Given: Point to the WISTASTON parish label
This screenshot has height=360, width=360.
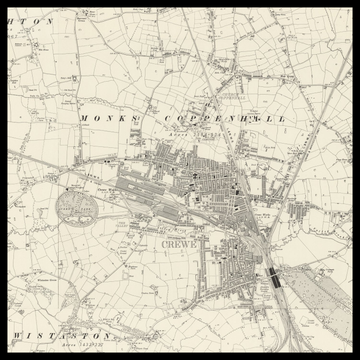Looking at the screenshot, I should tap(60, 336).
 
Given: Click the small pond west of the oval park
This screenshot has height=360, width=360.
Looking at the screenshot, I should tap(40, 204).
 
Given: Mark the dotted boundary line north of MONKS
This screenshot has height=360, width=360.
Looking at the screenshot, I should tap(110, 95).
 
